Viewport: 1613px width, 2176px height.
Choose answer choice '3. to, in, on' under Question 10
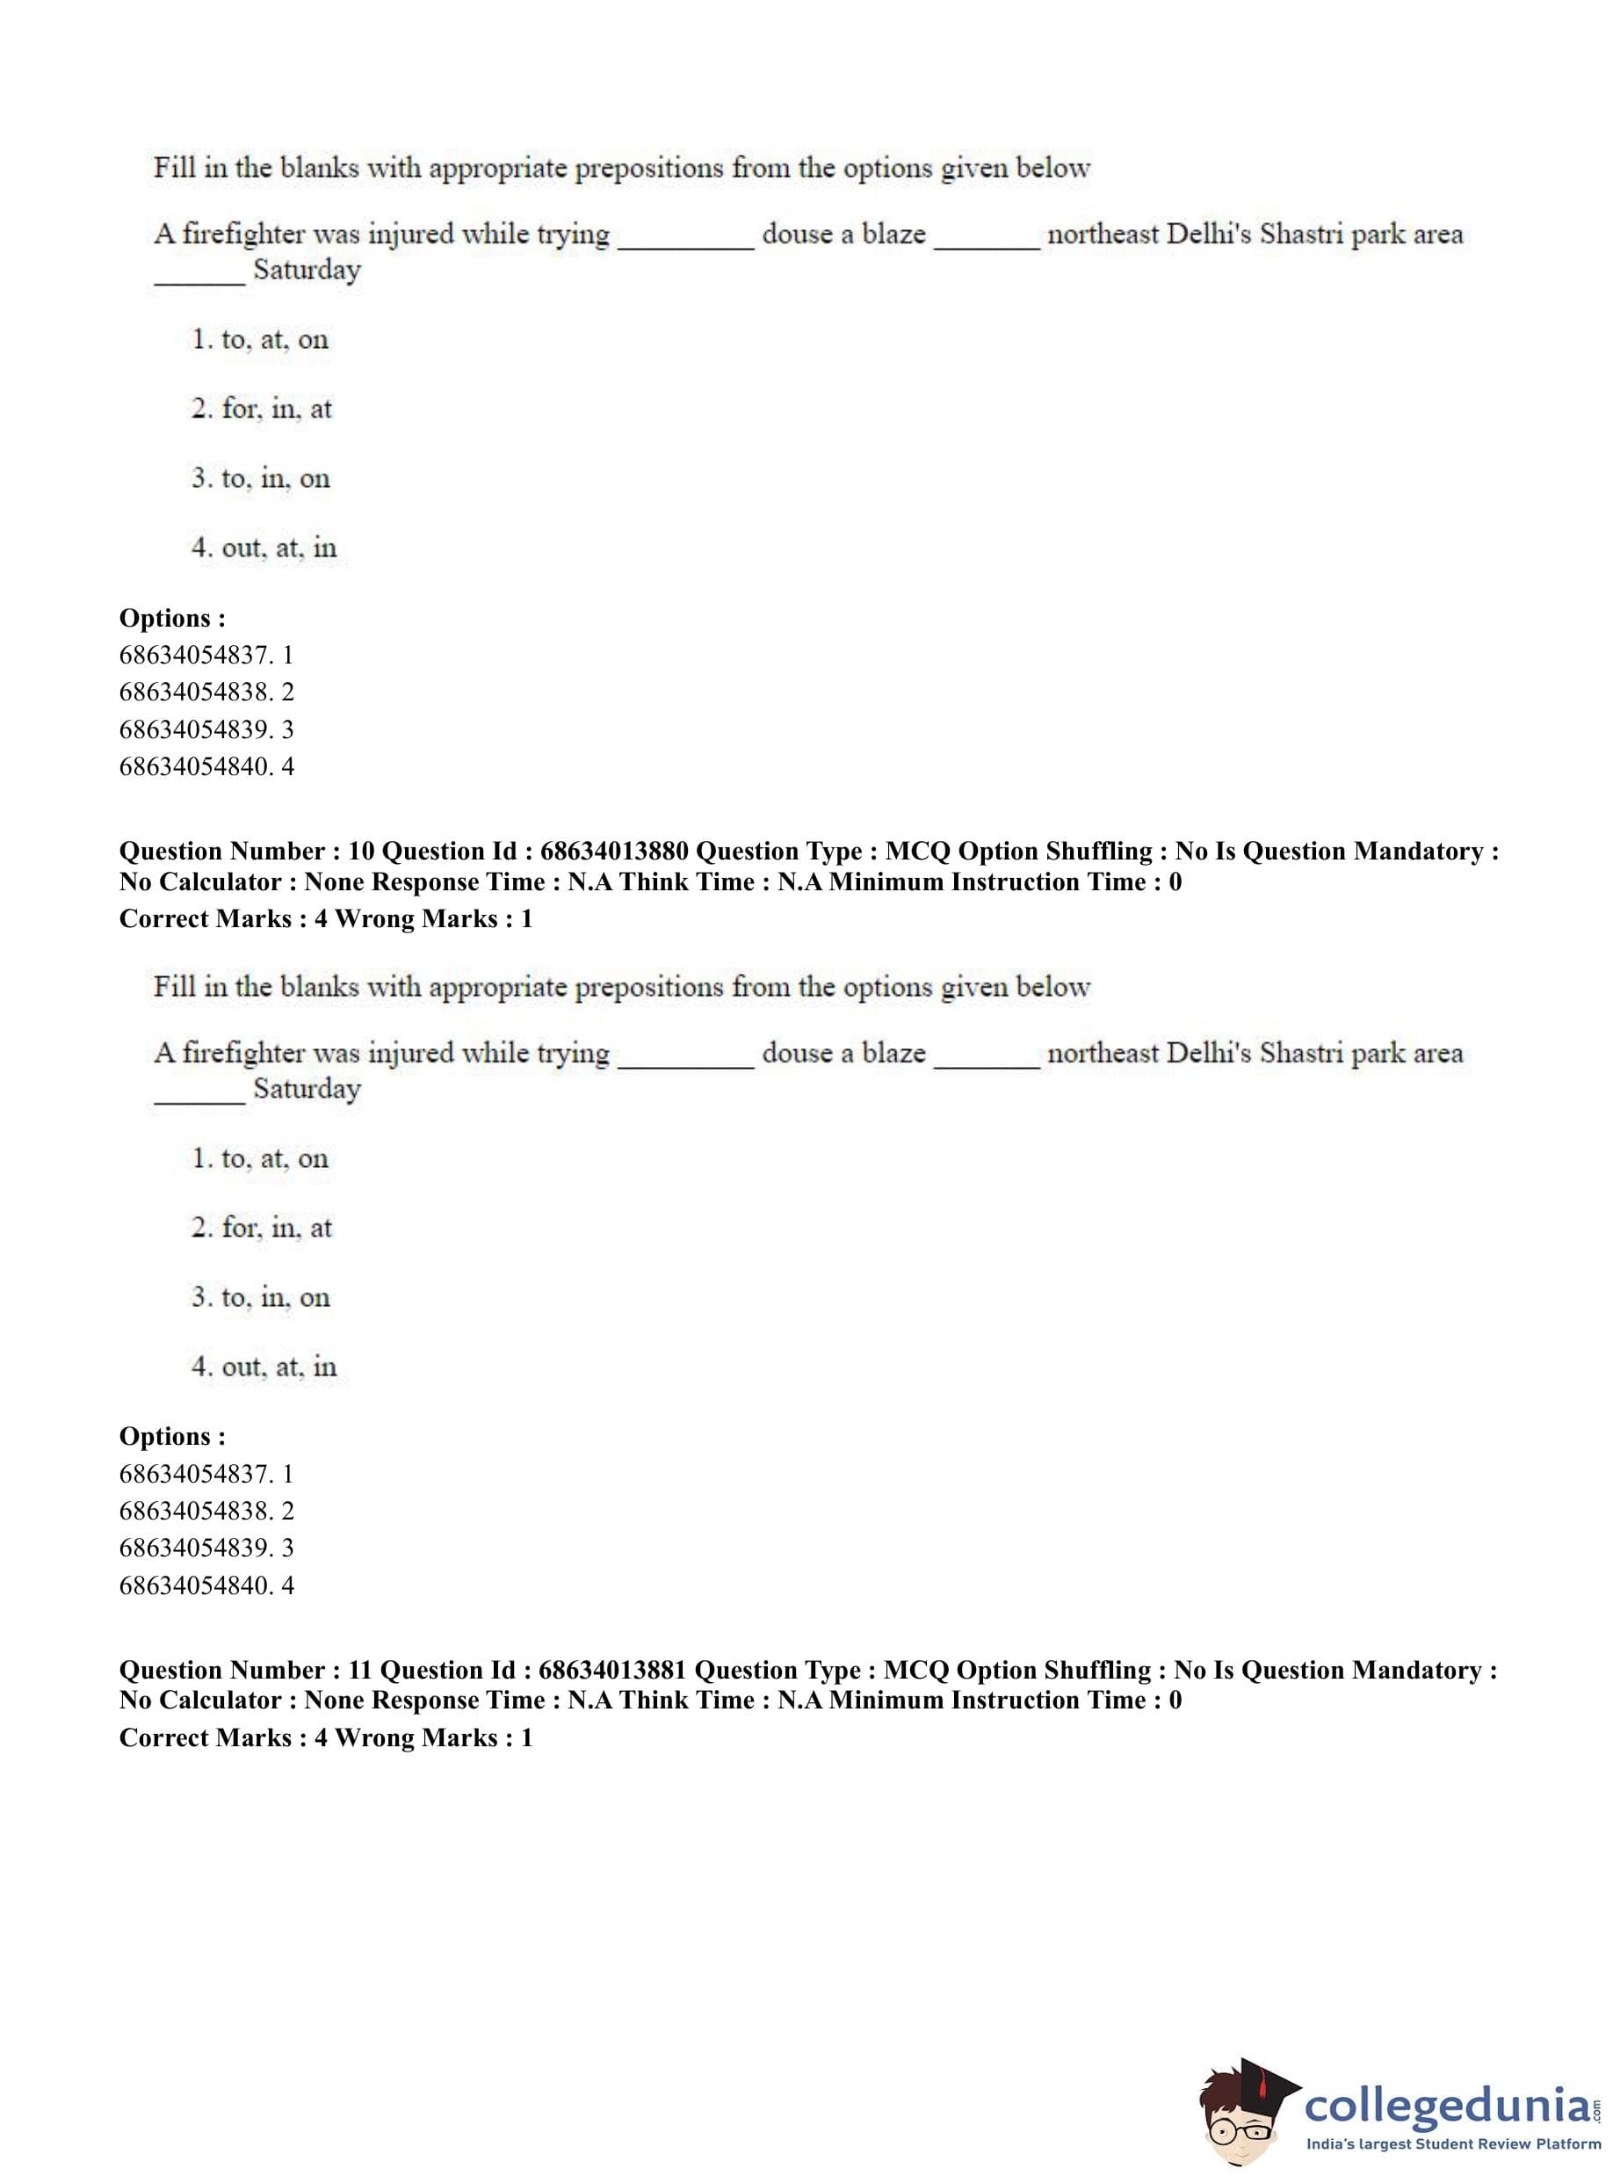(x=261, y=1297)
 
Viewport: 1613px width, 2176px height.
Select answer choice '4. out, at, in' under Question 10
(x=264, y=1367)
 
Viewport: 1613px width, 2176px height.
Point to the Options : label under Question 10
(x=172, y=1437)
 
